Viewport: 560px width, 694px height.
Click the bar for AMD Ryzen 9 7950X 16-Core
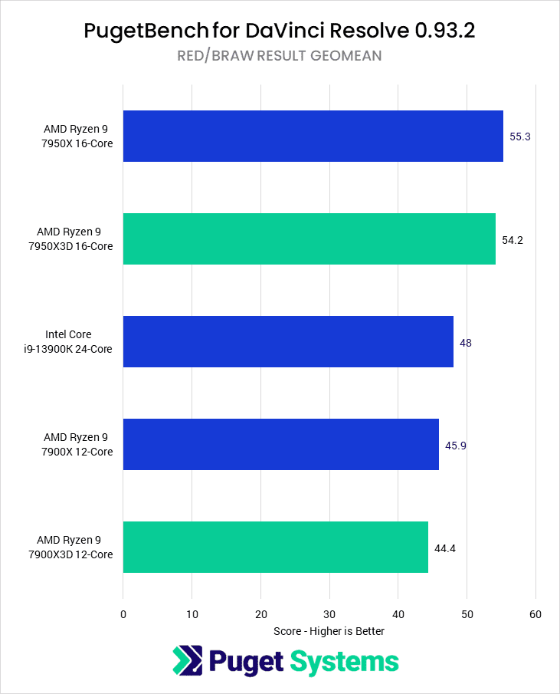(x=313, y=136)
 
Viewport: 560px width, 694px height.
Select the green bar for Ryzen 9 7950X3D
(x=309, y=238)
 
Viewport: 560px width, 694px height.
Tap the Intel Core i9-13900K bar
(x=288, y=341)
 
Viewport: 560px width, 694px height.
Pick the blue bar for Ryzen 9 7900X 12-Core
(x=280, y=444)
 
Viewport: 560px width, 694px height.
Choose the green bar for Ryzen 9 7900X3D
(x=275, y=547)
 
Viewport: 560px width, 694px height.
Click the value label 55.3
(x=520, y=136)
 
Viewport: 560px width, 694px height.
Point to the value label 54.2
(x=513, y=240)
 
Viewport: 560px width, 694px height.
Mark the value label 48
(x=466, y=343)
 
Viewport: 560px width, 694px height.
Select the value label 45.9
(x=456, y=446)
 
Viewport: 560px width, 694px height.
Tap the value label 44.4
(x=445, y=548)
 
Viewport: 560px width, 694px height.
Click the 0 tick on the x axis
(x=123, y=614)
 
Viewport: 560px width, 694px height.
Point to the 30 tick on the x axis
(x=329, y=614)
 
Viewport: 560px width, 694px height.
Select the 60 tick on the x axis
(x=535, y=614)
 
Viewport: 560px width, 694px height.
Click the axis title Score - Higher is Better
(x=329, y=631)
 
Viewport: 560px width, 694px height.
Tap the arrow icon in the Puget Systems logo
(x=186, y=661)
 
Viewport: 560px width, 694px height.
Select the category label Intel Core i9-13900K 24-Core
(x=79, y=342)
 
